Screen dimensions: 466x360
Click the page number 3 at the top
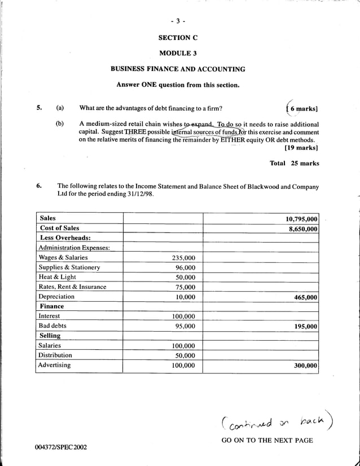point(178,21)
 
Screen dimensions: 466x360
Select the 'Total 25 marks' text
point(295,164)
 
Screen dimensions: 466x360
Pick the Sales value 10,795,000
point(302,219)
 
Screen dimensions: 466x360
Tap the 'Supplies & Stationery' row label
point(69,267)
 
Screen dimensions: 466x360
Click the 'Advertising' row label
point(54,365)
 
